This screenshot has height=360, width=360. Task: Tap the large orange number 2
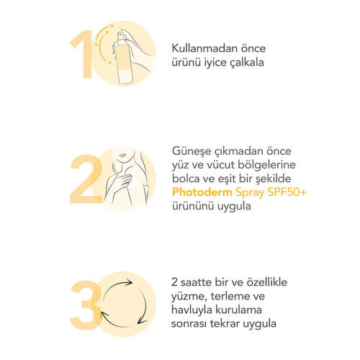point(86,179)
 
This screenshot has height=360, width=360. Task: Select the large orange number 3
point(86,305)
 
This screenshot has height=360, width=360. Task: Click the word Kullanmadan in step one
point(203,48)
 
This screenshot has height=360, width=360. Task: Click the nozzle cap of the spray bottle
point(123,35)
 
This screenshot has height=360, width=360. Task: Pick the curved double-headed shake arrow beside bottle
point(103,44)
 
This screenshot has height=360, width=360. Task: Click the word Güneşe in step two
point(190,152)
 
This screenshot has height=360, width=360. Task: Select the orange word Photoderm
point(202,192)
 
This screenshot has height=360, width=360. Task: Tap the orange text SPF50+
point(287,192)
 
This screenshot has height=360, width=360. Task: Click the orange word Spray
point(250,193)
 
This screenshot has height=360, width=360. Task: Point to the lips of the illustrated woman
point(122,156)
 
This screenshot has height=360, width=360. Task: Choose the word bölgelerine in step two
point(266,166)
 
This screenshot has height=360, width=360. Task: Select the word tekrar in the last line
point(225,323)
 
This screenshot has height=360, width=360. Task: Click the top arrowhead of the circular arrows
point(129,282)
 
